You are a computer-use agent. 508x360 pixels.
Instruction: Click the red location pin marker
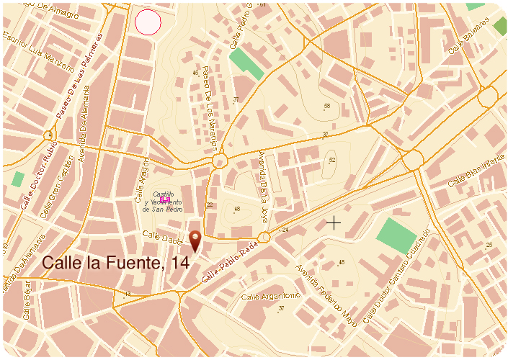195,241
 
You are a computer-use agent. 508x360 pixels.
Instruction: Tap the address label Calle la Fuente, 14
116,264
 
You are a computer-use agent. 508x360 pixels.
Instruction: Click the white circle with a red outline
148,22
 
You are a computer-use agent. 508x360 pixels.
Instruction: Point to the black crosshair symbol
333,223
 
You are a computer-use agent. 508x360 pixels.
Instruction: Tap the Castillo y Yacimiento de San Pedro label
166,203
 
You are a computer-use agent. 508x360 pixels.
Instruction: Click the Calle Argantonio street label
270,297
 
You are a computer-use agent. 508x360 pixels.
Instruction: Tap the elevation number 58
327,106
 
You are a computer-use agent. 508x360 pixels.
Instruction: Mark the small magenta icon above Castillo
165,190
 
